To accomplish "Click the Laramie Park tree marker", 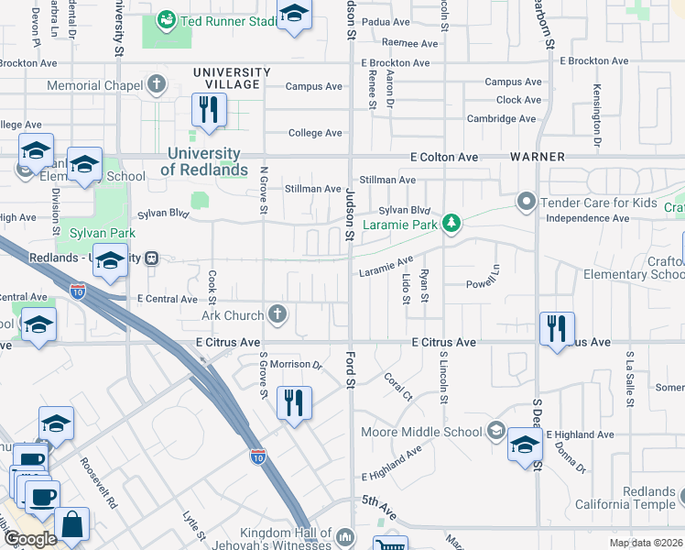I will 451,224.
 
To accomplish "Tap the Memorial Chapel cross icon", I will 158,85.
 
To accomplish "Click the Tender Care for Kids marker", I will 526,201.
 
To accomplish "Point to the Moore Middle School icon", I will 495,431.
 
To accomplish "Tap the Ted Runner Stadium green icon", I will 166,19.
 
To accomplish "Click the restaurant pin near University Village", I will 209,110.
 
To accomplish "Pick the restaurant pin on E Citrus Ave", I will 557,328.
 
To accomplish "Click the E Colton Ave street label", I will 444,157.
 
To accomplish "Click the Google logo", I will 29,539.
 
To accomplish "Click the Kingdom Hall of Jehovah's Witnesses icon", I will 344,536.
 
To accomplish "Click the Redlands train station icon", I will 153,258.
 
